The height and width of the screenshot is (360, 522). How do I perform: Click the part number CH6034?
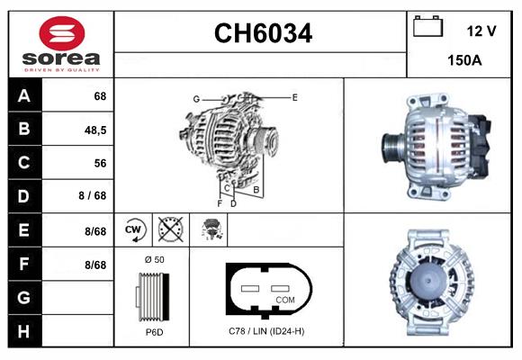(262, 34)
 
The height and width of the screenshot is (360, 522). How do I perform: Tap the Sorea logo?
(61, 44)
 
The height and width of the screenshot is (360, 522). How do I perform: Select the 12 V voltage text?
(481, 31)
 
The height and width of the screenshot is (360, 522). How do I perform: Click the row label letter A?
(23, 96)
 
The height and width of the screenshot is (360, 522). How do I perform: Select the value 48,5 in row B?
(95, 130)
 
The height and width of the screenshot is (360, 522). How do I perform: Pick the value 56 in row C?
(100, 164)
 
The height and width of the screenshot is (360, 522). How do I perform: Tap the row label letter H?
(23, 331)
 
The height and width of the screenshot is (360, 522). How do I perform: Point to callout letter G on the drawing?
(195, 99)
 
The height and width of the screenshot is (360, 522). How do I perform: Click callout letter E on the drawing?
(294, 96)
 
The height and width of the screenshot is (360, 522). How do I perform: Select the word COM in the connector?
(284, 299)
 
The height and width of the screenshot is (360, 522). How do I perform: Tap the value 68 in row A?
(100, 96)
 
